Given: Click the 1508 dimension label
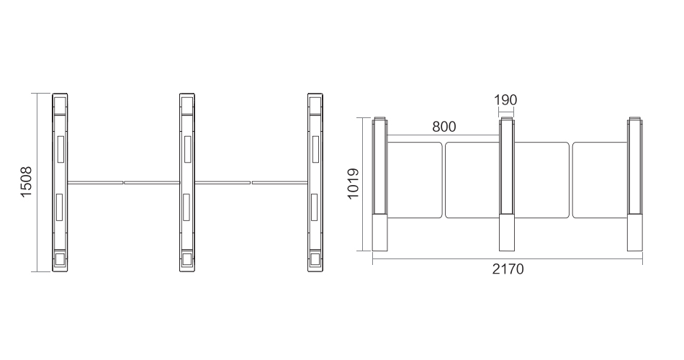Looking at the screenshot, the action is [x=26, y=182].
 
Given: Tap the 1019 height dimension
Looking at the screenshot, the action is [x=353, y=184].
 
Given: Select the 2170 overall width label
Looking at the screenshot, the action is [x=508, y=269].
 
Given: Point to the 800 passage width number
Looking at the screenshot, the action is [x=444, y=127].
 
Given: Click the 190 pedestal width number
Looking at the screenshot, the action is [x=505, y=100].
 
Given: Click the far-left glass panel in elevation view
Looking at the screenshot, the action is [x=415, y=180].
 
